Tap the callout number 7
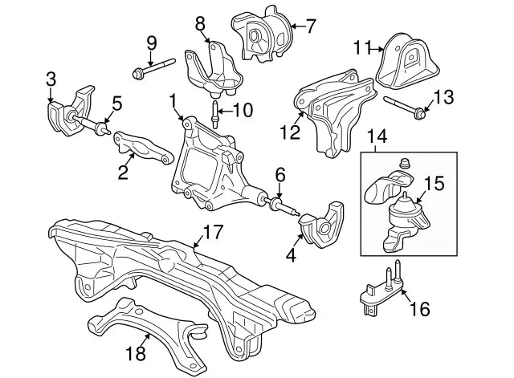coord(311,26)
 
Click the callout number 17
coord(213,234)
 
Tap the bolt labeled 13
coord(405,107)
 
